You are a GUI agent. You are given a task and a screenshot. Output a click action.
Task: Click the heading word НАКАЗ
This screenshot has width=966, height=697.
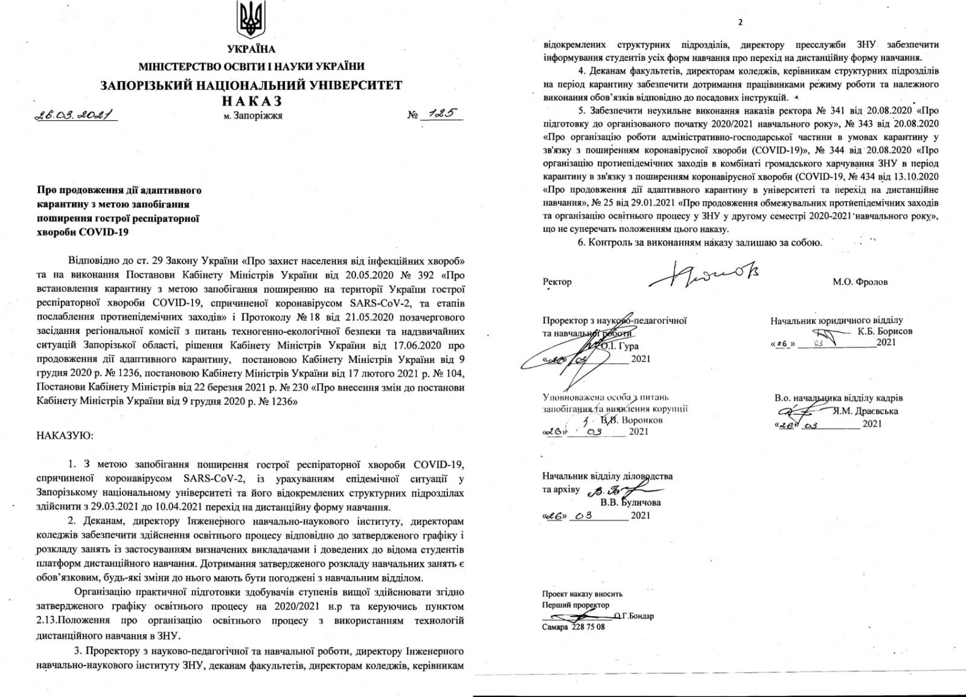[251, 101]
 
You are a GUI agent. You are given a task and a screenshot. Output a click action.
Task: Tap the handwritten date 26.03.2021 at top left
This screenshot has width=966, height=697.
[75, 114]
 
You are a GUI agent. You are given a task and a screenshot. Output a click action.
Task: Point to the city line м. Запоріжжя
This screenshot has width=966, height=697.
[253, 115]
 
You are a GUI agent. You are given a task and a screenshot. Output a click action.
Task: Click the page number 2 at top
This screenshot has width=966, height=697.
[740, 22]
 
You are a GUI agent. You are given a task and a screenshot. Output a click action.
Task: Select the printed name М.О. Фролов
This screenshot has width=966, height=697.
[860, 281]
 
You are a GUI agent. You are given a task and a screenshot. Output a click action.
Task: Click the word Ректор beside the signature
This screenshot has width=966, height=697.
[557, 281]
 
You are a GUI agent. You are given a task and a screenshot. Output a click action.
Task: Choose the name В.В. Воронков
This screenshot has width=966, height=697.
[632, 419]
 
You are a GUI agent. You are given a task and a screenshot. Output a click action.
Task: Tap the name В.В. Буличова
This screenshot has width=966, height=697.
[630, 502]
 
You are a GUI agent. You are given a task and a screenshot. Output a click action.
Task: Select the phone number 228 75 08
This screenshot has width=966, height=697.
[588, 627]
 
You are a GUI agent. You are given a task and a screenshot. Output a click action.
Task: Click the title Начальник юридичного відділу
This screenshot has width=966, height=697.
[836, 320]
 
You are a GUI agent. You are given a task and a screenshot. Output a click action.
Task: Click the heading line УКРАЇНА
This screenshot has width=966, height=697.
[251, 50]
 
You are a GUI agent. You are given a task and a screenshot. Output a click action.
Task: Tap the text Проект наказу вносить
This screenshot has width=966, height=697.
[582, 594]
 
